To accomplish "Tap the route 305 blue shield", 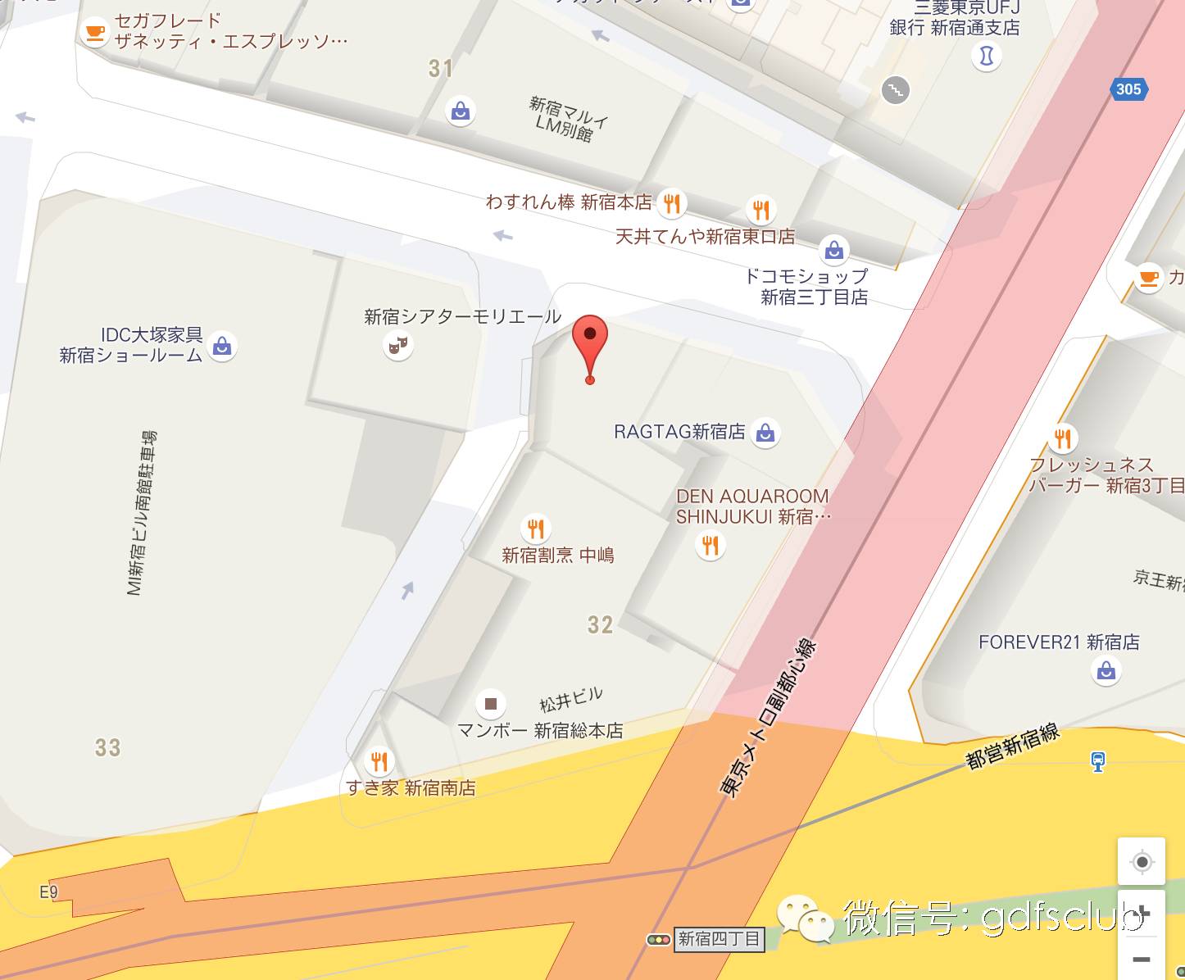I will tap(1128, 89).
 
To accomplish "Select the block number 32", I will tap(600, 625).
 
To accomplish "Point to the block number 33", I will tap(107, 747).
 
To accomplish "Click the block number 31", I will tap(441, 68).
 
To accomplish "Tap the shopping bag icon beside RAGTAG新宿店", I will tap(765, 432).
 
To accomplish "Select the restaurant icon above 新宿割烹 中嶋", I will tap(536, 529).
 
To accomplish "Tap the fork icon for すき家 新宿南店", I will tap(379, 762).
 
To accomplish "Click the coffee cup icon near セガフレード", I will tap(96, 33).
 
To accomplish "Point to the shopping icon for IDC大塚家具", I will tap(221, 346).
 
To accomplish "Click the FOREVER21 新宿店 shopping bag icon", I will tap(1106, 672).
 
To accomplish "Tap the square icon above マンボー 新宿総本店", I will tap(491, 703).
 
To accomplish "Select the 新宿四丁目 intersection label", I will tap(719, 939).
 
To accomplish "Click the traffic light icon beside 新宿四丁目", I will tap(658, 939).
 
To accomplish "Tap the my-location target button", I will tap(1142, 862).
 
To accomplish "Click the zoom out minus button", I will tap(1142, 959).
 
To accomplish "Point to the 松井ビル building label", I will tap(571, 699).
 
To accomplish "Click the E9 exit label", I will tap(49, 892).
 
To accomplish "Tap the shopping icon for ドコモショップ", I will tap(834, 249).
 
